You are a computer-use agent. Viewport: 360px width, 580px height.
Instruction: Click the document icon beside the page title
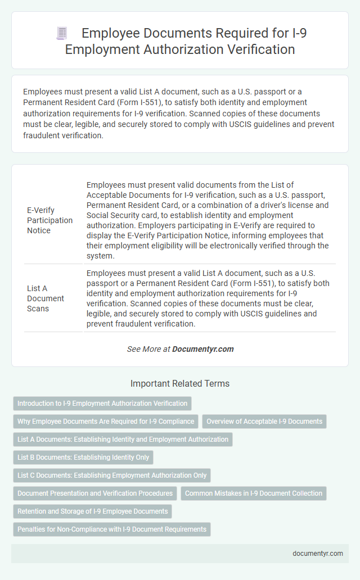click(61, 34)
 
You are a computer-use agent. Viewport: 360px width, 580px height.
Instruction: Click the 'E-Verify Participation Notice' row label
click(49, 220)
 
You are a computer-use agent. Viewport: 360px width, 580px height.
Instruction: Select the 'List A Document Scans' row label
click(46, 298)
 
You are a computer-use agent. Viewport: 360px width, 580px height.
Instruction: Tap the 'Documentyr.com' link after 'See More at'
click(202, 349)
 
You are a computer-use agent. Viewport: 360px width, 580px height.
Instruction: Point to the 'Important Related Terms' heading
click(179, 384)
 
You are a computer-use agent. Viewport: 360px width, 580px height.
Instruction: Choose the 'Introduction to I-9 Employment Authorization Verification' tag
click(102, 404)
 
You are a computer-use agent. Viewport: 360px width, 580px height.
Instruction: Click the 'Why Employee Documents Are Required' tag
click(106, 422)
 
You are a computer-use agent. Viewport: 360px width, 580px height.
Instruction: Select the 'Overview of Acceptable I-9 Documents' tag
click(264, 422)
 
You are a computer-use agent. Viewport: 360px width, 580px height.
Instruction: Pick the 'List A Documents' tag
click(123, 439)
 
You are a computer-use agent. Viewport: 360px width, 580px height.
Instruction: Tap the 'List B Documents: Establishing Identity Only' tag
click(83, 457)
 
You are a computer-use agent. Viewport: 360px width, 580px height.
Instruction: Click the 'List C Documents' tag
click(112, 475)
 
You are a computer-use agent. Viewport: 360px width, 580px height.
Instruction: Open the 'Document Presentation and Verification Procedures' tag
click(95, 493)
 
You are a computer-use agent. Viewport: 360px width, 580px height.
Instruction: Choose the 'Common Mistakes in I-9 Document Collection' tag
click(253, 493)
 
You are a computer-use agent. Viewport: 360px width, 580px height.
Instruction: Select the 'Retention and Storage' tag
click(93, 511)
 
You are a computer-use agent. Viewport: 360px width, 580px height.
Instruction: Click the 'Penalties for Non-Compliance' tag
click(112, 529)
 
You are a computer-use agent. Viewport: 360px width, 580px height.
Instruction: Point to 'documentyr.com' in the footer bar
click(318, 553)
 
